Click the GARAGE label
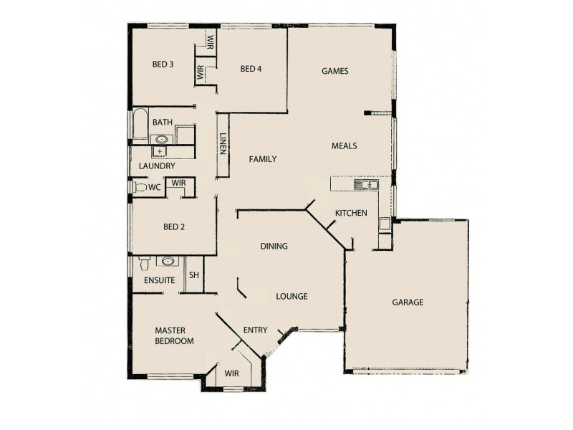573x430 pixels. point(407,302)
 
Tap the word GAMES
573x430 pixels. point(334,70)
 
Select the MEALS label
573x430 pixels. point(344,145)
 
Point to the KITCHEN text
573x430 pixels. point(351,213)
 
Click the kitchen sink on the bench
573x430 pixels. point(365,185)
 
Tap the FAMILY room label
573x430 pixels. point(262,159)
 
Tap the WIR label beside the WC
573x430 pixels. point(178,183)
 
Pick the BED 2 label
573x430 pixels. point(174,227)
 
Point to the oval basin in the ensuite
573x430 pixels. point(168,262)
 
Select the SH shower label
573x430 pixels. point(193,275)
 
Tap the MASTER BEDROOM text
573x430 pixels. point(174,335)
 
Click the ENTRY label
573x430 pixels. point(255,330)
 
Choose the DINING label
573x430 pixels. point(274,246)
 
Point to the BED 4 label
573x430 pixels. point(251,69)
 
